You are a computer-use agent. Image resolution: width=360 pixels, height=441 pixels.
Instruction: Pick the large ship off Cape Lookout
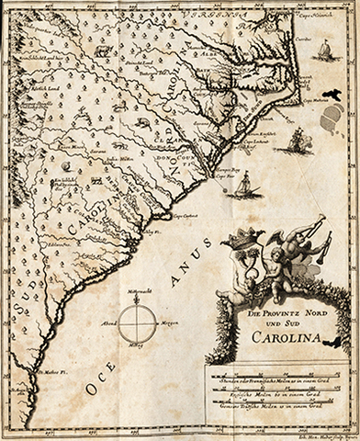[297, 139]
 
